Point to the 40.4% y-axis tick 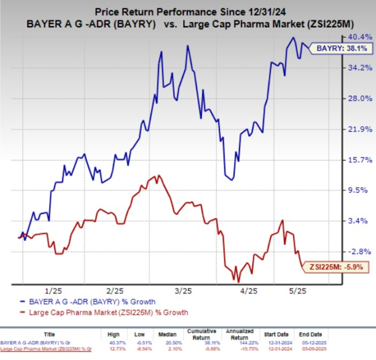pyautogui.click(x=354, y=37)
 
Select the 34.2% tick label pyautogui.click(x=354, y=68)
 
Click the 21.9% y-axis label pyautogui.click(x=354, y=129)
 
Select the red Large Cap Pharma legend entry pyautogui.click(x=103, y=312)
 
